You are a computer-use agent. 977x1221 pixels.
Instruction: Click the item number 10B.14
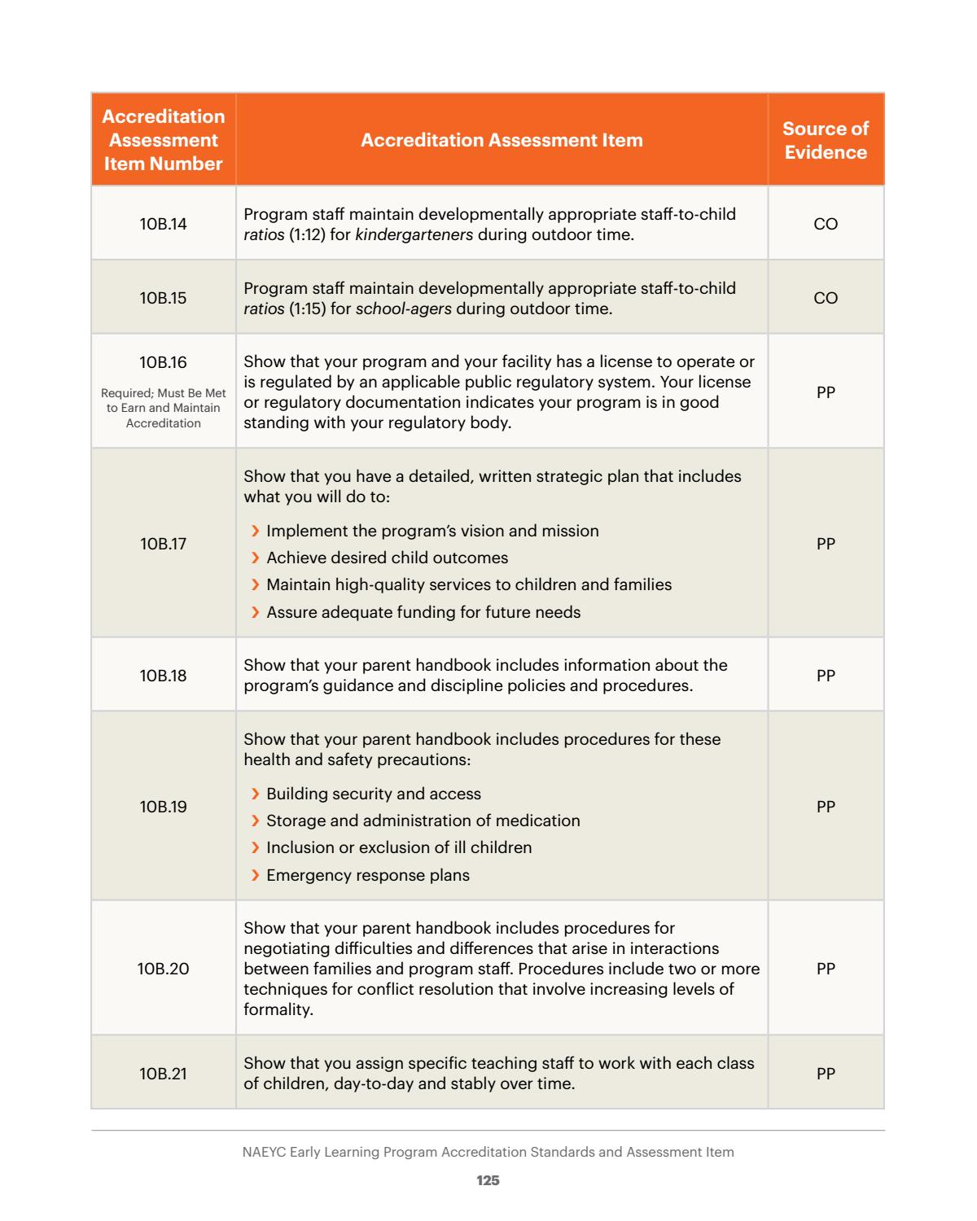[163, 224]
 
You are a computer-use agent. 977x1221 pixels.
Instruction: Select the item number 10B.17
[163, 544]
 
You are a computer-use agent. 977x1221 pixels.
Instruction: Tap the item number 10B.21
[163, 1074]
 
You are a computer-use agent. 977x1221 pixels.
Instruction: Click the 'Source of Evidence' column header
[825, 140]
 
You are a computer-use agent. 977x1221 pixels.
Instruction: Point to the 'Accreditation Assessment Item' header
[502, 140]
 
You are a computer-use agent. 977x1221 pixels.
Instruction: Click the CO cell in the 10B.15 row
[825, 298]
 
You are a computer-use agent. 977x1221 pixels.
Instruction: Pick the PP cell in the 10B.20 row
[825, 969]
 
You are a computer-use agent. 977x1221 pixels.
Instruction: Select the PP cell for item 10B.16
[825, 392]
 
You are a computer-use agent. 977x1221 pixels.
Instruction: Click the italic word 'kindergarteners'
[414, 235]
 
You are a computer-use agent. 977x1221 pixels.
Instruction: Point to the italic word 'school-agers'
[403, 309]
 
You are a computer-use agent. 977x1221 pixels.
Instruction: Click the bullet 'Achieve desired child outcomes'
[387, 558]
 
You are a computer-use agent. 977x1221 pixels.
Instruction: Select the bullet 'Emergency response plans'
[367, 876]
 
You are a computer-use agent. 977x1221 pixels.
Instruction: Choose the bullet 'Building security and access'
[373, 794]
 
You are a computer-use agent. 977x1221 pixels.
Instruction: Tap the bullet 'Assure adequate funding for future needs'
[423, 612]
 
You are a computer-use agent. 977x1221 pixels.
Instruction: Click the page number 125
[488, 1180]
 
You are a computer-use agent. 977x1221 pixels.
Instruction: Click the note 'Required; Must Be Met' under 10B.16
[163, 393]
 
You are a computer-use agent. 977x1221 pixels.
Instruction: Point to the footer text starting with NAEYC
[488, 1152]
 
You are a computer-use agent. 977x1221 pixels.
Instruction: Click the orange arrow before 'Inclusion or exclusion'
[256, 848]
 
